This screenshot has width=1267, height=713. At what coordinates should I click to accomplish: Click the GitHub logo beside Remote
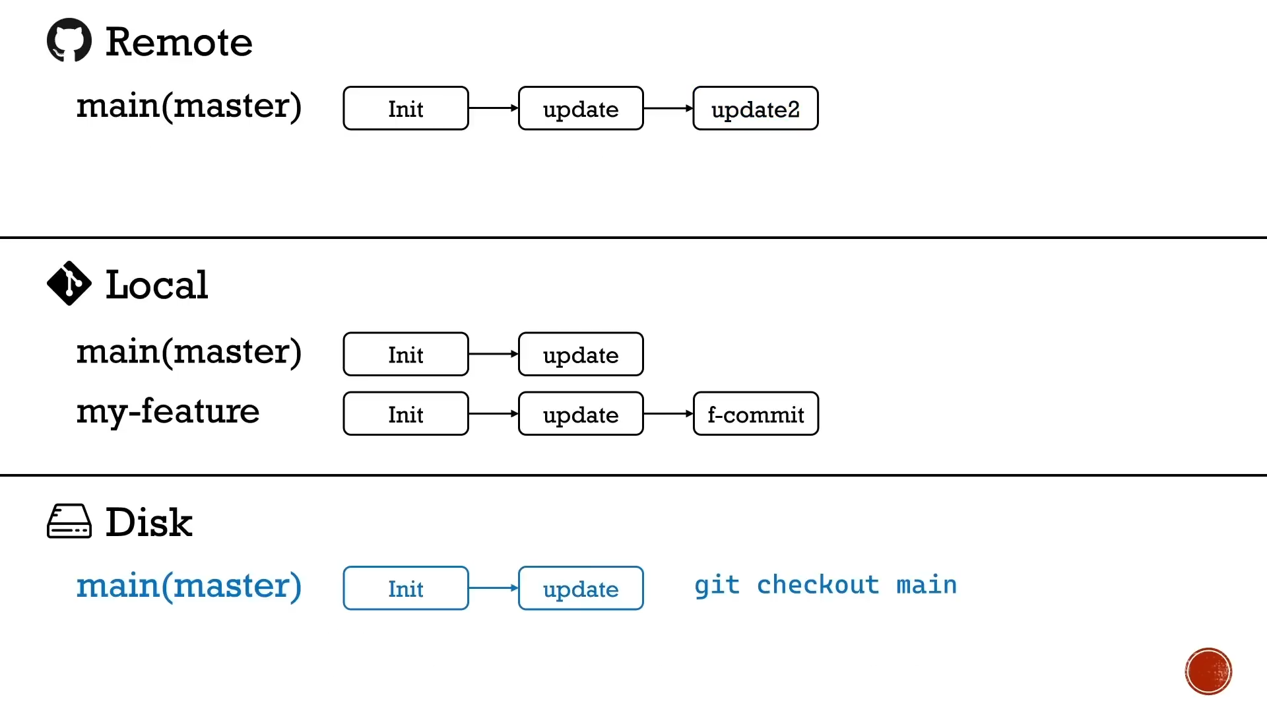(69, 40)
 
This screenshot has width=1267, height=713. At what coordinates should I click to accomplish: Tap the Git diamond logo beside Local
(69, 283)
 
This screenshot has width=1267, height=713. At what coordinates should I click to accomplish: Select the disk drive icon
(69, 522)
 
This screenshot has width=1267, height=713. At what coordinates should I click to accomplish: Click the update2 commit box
(756, 108)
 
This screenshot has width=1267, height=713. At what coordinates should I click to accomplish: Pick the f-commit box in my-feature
(756, 414)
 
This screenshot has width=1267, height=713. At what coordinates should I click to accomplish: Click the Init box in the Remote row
(406, 108)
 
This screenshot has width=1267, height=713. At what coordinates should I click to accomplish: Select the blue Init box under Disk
(406, 588)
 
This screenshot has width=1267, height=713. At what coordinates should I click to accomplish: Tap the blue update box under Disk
(581, 588)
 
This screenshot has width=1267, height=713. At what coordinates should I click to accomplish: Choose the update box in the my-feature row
(581, 414)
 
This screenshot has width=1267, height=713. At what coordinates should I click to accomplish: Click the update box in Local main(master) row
(581, 355)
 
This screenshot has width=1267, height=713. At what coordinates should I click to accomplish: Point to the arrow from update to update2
(668, 108)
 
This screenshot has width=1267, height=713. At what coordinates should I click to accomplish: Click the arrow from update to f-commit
(668, 414)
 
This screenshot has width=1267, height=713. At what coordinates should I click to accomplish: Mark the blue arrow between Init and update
(494, 588)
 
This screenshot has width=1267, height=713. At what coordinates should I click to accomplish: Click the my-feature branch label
(168, 412)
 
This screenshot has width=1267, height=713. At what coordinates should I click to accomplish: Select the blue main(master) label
(189, 586)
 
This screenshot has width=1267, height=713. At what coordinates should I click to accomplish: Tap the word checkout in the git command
(818, 585)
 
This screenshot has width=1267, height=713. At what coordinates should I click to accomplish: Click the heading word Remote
(179, 42)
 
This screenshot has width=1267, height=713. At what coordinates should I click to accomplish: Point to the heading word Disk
(149, 523)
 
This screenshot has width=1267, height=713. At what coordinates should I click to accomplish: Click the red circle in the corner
(1208, 671)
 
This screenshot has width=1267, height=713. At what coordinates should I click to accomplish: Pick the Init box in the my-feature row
(406, 414)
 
